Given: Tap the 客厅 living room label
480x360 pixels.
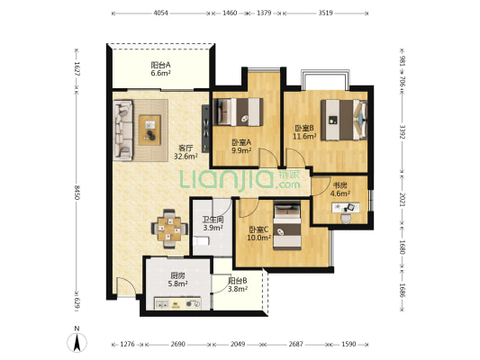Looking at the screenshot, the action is point(186,148).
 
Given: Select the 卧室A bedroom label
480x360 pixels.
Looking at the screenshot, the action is point(241,142).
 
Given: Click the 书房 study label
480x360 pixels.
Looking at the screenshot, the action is point(340,185).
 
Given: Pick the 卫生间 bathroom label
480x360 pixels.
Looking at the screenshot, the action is point(213,220).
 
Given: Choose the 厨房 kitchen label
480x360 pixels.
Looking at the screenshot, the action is point(177,275).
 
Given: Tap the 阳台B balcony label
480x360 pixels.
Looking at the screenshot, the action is point(238,281).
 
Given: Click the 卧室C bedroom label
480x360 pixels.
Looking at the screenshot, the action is point(258,229).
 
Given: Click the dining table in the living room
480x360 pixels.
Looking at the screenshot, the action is point(169,229).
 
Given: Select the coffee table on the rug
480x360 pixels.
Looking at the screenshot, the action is point(149,130).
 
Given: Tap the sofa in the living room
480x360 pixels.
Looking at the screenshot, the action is point(123,130).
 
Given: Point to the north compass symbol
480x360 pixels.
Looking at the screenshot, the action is point(77,342).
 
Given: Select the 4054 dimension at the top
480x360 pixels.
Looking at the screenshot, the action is point(160,13).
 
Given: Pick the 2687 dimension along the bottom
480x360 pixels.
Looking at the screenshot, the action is point(295,344).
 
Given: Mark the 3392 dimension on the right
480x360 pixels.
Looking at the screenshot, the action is point(403,131).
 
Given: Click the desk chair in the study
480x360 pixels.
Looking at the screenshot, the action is point(346,218).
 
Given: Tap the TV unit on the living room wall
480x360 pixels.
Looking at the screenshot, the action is point(205,129).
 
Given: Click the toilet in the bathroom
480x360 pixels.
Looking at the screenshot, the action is point(201,241).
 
